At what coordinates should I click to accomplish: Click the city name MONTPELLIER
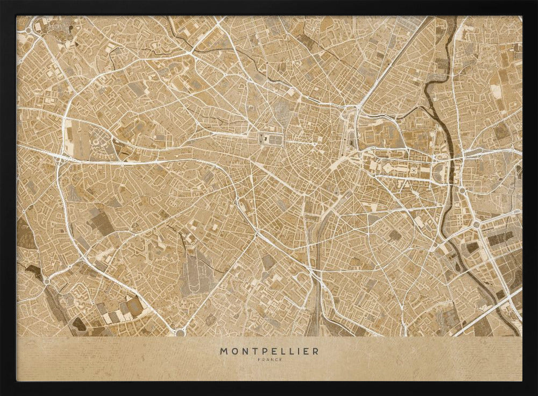pyautogui.click(x=268, y=351)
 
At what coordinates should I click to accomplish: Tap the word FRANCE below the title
pyautogui.click(x=268, y=359)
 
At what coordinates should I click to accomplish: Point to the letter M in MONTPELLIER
pyautogui.click(x=223, y=351)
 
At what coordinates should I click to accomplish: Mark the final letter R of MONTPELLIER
pyautogui.click(x=315, y=351)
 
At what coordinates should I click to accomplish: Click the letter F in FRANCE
pyautogui.click(x=259, y=359)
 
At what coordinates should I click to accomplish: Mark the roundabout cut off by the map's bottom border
pyautogui.click(x=180, y=333)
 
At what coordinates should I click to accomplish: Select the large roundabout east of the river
pyautogui.click(x=476, y=224)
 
